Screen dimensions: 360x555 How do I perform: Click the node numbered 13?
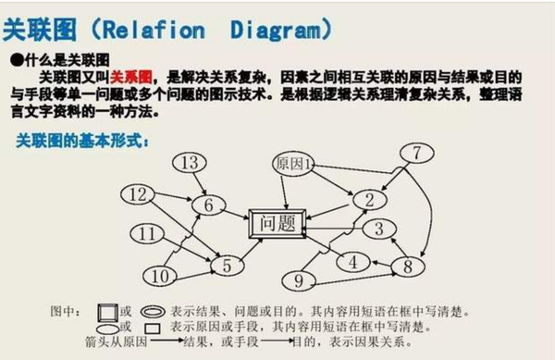pyautogui.click(x=189, y=164)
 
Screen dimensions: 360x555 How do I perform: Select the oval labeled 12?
pyautogui.click(x=138, y=194)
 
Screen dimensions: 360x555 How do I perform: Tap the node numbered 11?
pyautogui.click(x=146, y=234)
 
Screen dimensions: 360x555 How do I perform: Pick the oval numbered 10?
pyautogui.click(x=161, y=275)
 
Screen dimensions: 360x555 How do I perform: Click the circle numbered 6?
pyautogui.click(x=209, y=205)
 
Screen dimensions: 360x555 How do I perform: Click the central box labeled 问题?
pyautogui.click(x=277, y=223)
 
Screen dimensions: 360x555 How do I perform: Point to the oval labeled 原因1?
pyautogui.click(x=295, y=165)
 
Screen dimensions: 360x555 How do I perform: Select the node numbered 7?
pyautogui.click(x=421, y=153)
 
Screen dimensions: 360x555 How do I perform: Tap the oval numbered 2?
pyautogui.click(x=370, y=199)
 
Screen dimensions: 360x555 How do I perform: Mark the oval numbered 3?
pyautogui.click(x=379, y=229)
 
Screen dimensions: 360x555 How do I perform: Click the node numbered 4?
pyautogui.click(x=352, y=263)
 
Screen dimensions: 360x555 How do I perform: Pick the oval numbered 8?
pyautogui.click(x=408, y=267)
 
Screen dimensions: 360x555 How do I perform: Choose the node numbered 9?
pyautogui.click(x=299, y=279)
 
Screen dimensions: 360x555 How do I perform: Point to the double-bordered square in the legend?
pyautogui.click(x=107, y=312)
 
